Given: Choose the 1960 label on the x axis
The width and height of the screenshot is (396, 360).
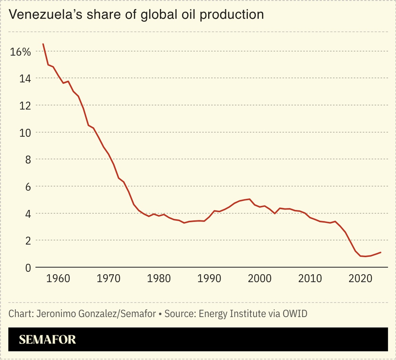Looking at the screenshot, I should (58, 278).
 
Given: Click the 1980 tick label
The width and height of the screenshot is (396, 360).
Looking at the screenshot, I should (159, 278).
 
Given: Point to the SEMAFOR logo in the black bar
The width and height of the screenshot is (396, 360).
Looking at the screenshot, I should (47, 340).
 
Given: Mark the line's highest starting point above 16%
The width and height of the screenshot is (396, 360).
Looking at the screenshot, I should (43, 44).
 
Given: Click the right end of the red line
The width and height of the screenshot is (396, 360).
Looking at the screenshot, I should (381, 252).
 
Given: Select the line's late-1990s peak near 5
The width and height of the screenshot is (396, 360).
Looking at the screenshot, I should (249, 199).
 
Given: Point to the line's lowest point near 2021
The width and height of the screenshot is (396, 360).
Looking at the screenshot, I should (365, 256).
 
